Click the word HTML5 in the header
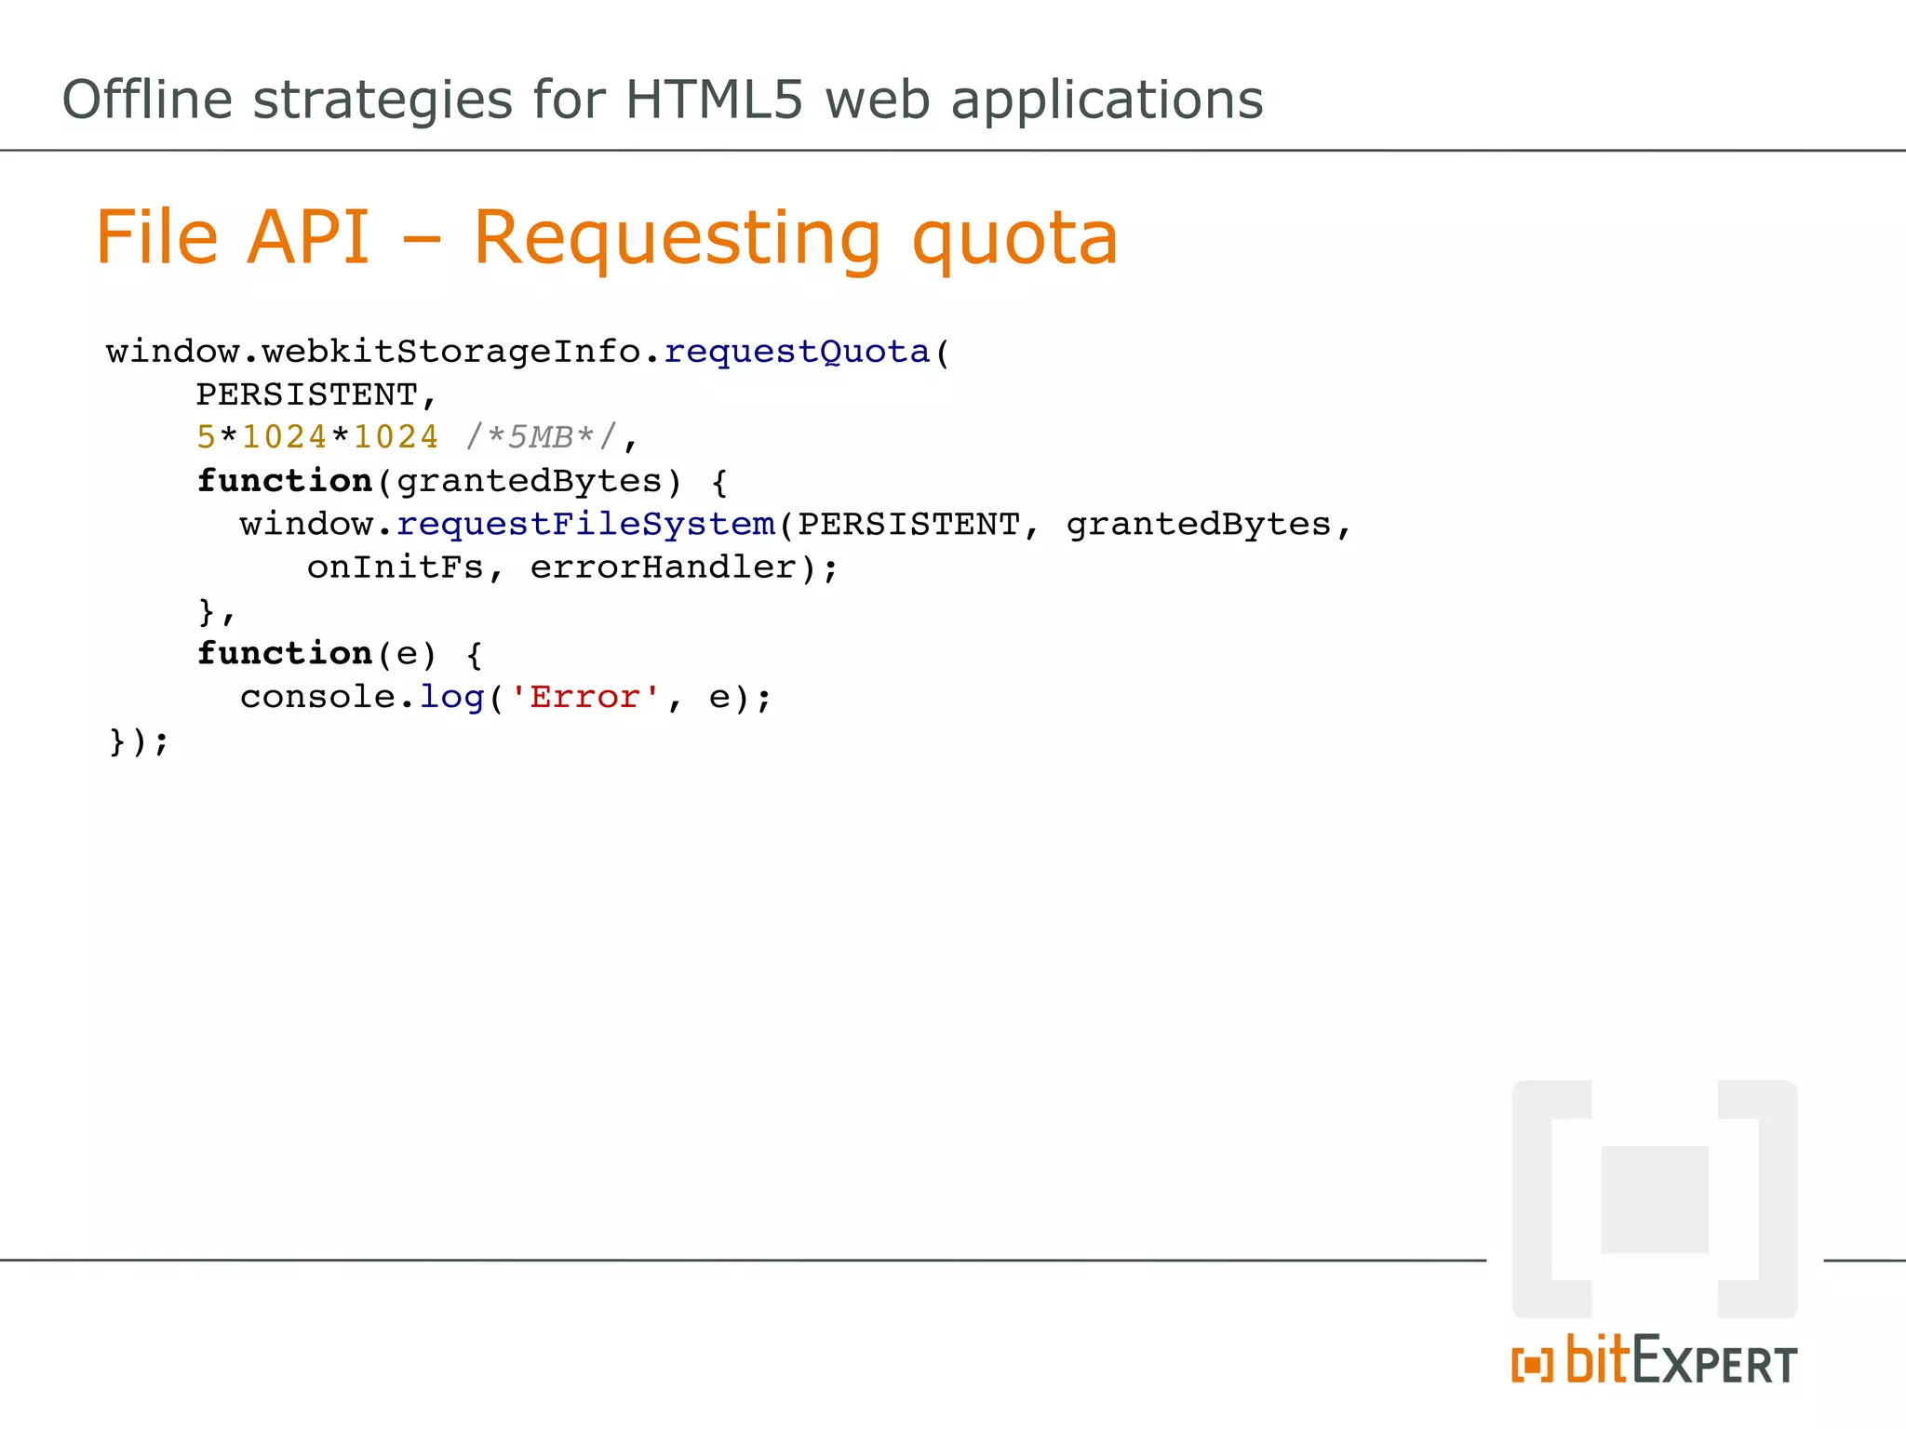713,100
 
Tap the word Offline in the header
147,100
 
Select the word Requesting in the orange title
677,240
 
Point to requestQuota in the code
797,352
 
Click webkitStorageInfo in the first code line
451,352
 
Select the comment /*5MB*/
541,436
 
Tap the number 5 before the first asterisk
206,436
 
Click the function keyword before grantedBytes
285,481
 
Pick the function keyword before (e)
285,653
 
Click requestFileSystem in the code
585,525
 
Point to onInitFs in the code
396,568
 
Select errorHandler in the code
664,568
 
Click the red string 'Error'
585,697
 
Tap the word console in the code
317,697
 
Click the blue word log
451,697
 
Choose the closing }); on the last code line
139,741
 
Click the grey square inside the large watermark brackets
1655,1199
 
